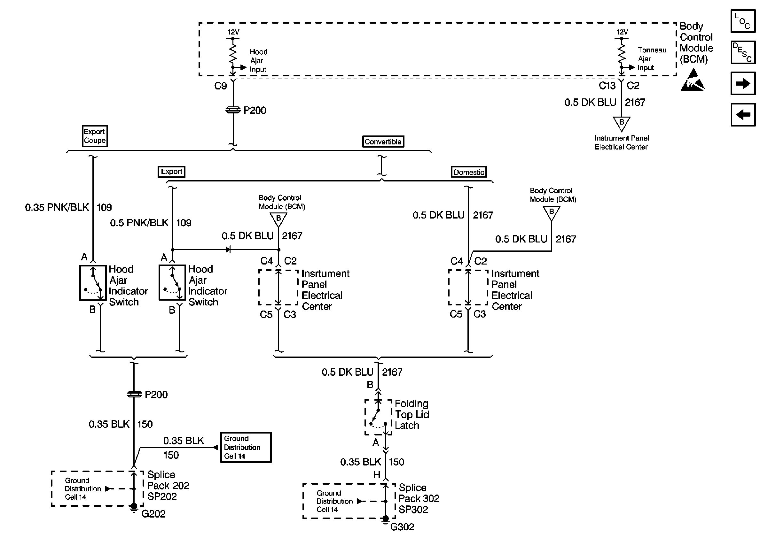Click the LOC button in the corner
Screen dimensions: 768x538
(x=743, y=21)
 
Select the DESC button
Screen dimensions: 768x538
(x=743, y=52)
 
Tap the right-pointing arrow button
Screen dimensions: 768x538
(x=743, y=83)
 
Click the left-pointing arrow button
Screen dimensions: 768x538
(x=743, y=115)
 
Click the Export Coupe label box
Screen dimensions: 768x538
(x=95, y=136)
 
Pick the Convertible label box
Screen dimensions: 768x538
(x=383, y=141)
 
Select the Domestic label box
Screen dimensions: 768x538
(x=469, y=172)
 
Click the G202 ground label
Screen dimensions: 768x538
(x=153, y=514)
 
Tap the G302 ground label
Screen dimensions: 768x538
(x=402, y=527)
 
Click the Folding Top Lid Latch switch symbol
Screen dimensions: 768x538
(x=378, y=417)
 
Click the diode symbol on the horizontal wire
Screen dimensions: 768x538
(x=228, y=250)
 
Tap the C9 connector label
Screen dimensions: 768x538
(x=220, y=86)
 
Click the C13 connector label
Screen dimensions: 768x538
(x=607, y=86)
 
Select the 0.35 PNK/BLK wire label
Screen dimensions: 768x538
(x=57, y=207)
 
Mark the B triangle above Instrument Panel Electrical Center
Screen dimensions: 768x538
(x=622, y=123)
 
